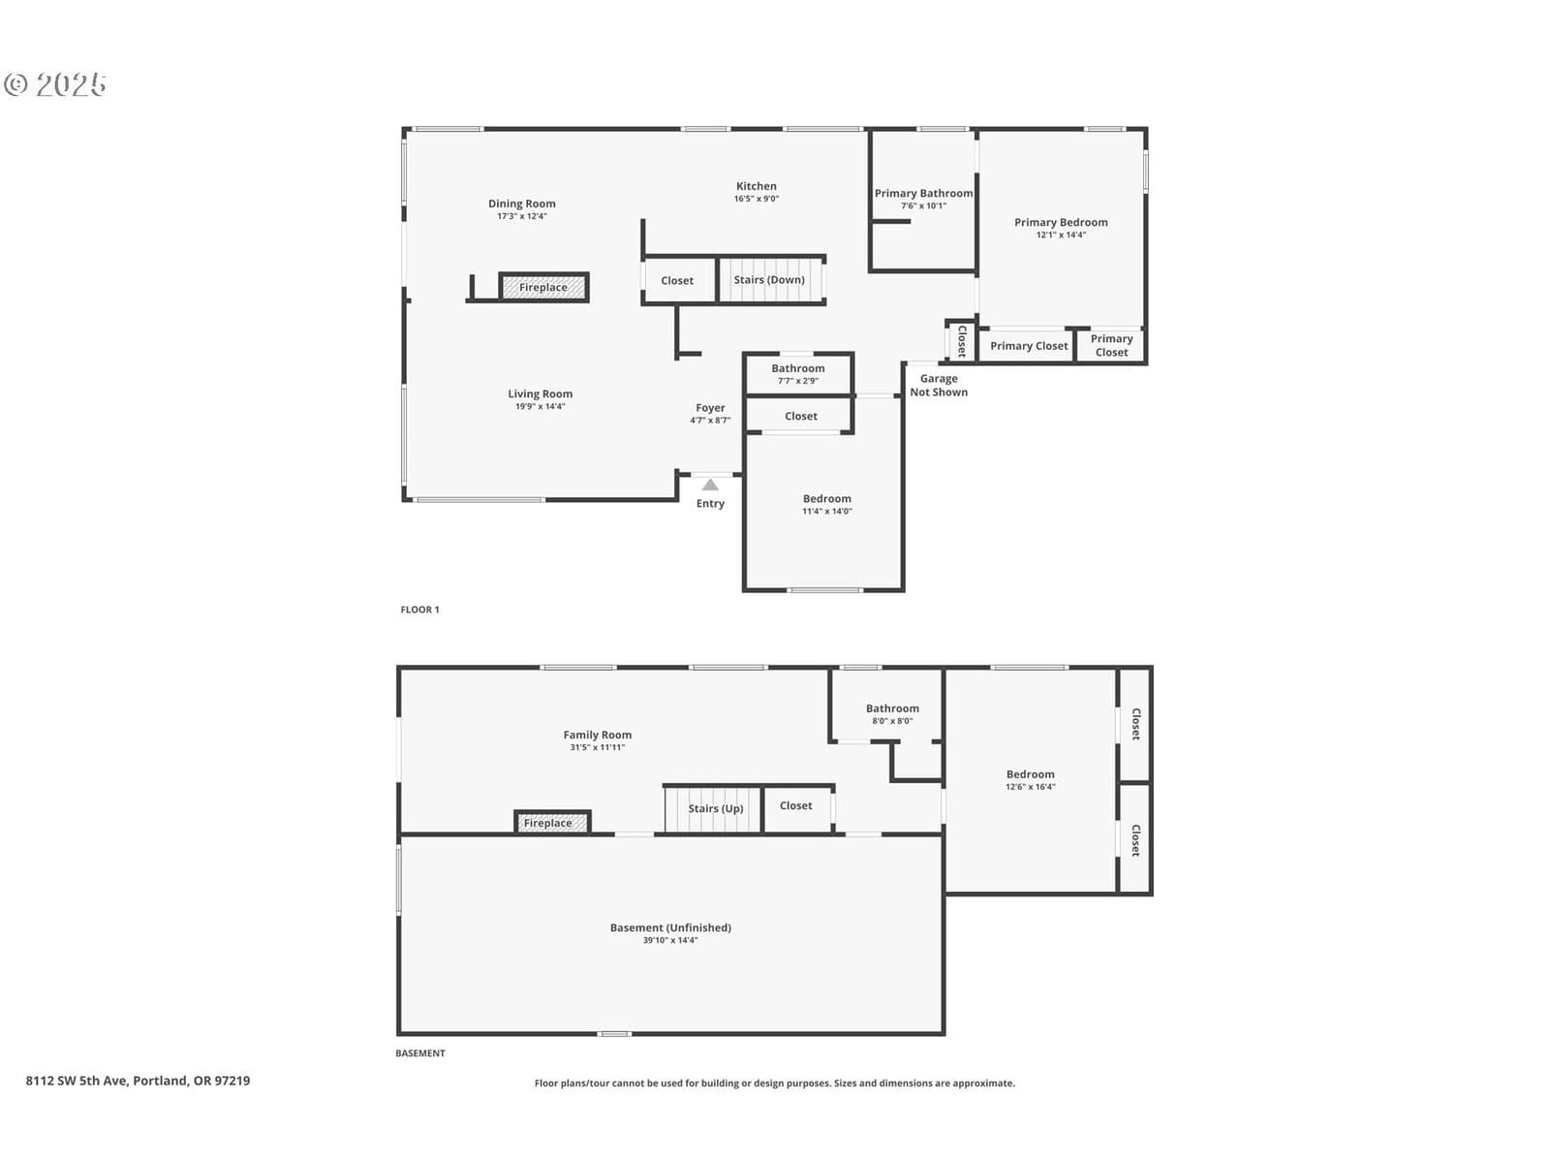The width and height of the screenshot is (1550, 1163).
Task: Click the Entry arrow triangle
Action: [710, 485]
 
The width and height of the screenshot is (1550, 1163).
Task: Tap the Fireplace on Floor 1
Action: [543, 288]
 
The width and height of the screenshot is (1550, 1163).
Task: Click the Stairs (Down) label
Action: [769, 280]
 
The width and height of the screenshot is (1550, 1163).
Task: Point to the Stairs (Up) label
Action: [715, 808]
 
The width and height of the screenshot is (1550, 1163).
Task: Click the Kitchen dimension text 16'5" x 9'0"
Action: [757, 199]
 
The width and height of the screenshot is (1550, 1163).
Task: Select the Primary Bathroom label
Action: [923, 193]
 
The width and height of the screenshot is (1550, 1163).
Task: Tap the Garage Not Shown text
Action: [939, 385]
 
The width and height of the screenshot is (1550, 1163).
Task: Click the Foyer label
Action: [710, 407]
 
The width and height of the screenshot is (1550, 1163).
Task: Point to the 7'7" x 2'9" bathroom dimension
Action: [798, 381]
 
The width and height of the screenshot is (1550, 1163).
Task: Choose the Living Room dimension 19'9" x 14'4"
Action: [541, 406]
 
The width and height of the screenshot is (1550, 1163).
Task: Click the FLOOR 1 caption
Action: [419, 610]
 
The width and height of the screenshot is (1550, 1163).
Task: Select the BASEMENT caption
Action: [420, 1053]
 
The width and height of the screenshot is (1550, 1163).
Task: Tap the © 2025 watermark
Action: [55, 84]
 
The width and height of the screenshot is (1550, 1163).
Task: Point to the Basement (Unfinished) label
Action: [670, 927]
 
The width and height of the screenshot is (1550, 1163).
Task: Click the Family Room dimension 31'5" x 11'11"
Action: [598, 747]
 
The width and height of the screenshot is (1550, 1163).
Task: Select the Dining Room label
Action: [522, 204]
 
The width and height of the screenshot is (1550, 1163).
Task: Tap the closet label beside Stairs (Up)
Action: [796, 805]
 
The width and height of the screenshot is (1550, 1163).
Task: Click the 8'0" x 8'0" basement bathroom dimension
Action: [892, 721]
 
